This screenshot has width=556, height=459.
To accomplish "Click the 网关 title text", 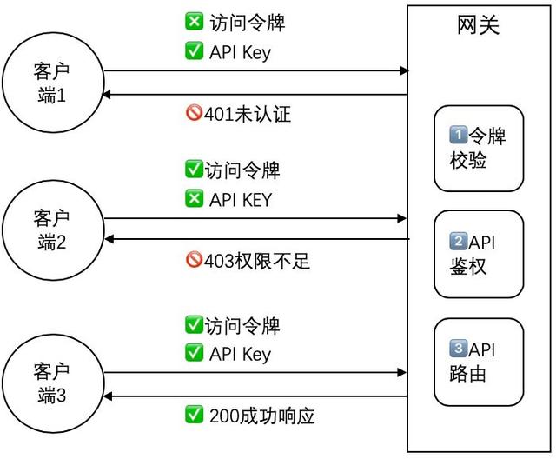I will [478, 25].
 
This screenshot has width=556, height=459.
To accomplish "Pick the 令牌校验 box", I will [479, 148].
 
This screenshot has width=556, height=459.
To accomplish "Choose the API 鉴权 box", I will [479, 254].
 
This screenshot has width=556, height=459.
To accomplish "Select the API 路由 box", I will [479, 362].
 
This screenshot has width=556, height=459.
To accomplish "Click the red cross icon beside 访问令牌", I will [195, 23].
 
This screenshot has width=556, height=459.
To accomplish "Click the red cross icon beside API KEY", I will [195, 199].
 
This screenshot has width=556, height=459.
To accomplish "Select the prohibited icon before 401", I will [194, 114].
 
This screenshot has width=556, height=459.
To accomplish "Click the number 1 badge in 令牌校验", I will [458, 136].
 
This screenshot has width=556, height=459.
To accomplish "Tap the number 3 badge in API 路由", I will [458, 349].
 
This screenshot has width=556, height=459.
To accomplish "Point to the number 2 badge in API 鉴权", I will [458, 242].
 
